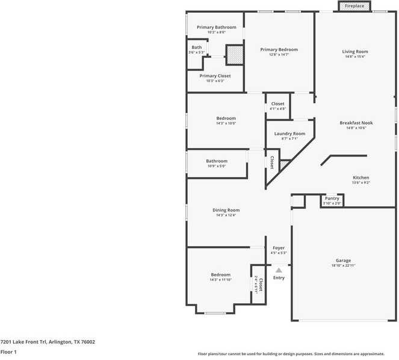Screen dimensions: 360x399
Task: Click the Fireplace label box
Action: pyautogui.click(x=354, y=6)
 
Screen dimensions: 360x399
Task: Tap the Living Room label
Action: pyautogui.click(x=354, y=52)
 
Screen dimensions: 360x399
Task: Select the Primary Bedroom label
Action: pyautogui.click(x=279, y=49)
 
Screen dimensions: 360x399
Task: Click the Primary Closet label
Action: pyautogui.click(x=215, y=76)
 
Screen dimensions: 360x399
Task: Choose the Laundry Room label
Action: pyautogui.click(x=289, y=134)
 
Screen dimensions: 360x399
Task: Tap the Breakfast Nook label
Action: pyautogui.click(x=356, y=123)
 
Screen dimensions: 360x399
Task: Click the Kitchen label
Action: pyautogui.click(x=360, y=178)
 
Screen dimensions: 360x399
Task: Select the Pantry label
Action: pyautogui.click(x=332, y=198)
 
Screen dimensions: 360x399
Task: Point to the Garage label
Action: pyautogui.click(x=344, y=261)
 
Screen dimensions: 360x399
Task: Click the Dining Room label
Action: pyautogui.click(x=226, y=210)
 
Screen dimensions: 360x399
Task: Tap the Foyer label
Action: pyautogui.click(x=279, y=248)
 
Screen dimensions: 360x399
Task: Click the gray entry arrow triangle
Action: pyautogui.click(x=279, y=270)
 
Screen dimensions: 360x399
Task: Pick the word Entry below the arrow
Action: pyautogui.click(x=279, y=278)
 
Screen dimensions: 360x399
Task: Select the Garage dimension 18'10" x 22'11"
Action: pyautogui.click(x=344, y=265)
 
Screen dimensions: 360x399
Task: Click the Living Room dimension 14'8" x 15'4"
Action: pyautogui.click(x=354, y=57)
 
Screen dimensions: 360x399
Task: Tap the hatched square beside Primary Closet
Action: pyautogui.click(x=234, y=55)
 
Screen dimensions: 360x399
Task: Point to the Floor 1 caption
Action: pyautogui.click(x=8, y=352)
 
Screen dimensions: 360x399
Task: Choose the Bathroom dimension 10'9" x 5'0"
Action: pyautogui.click(x=217, y=166)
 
